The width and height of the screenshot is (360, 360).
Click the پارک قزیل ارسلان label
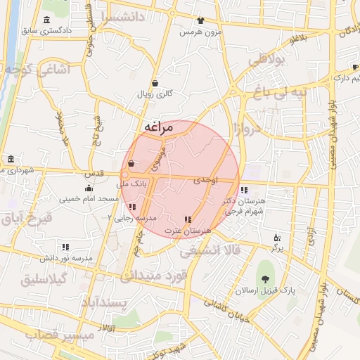pyautogui.click(x=266, y=290)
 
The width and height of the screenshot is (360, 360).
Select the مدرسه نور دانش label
pyautogui.click(x=65, y=259)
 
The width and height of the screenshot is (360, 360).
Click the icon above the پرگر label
pyautogui.click(x=276, y=237)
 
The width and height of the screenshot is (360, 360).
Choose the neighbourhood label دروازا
pyautogui.click(x=254, y=127)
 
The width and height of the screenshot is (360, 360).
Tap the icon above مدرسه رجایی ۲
pyautogui.click(x=132, y=207)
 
